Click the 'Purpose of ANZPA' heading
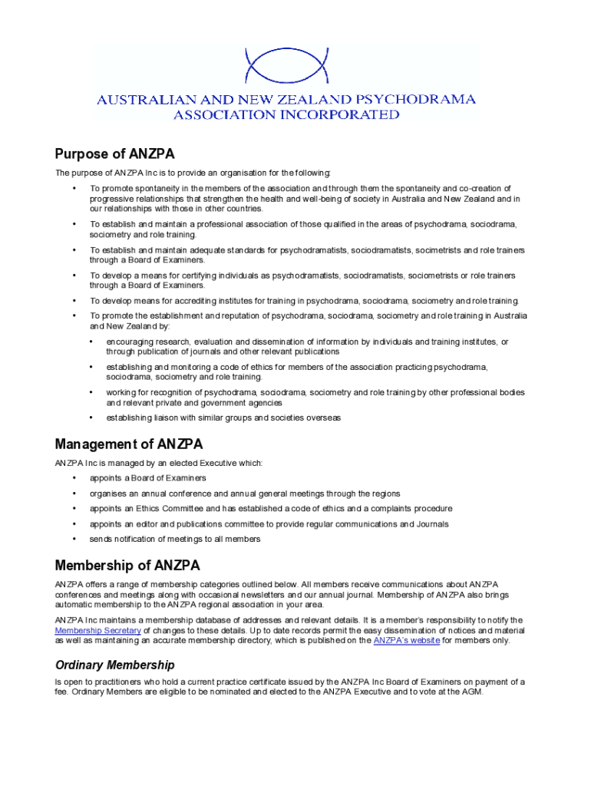point(119,154)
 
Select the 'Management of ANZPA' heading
point(129,444)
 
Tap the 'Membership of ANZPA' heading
point(127,566)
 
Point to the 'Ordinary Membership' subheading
point(114,665)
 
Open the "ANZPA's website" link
point(406,640)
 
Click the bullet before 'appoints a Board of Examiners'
point(74,478)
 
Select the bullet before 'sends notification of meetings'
point(74,539)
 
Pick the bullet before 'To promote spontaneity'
point(74,188)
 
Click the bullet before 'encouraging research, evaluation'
point(91,342)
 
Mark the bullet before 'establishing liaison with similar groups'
point(91,418)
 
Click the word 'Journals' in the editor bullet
point(431,524)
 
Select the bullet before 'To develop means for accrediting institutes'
point(74,301)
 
